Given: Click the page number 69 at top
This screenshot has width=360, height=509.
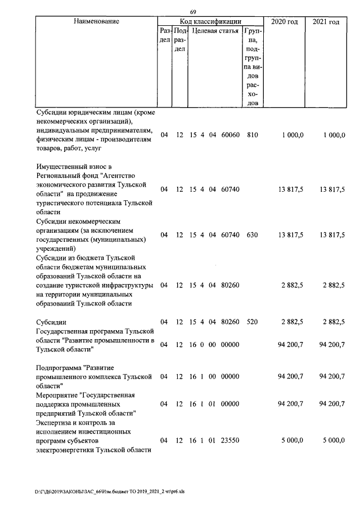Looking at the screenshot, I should tap(192, 12).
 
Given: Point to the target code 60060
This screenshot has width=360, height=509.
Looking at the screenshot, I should tap(231, 136).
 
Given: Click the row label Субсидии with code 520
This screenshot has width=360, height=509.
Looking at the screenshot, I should tap(51, 322).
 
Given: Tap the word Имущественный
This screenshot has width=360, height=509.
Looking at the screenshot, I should tap(62, 166).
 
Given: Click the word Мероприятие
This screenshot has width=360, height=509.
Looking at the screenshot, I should tap(56, 395).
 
